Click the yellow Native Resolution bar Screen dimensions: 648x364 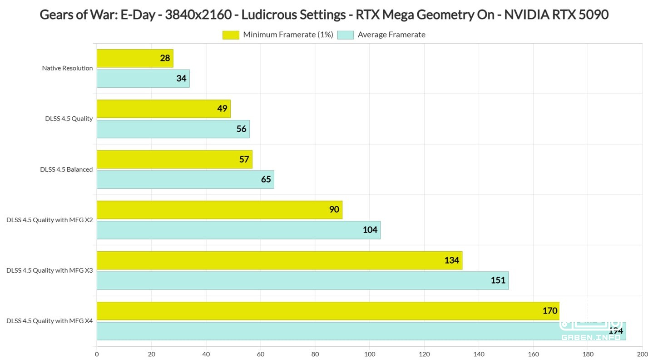coord(135,58)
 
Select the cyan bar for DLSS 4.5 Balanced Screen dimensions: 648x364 coord(185,180)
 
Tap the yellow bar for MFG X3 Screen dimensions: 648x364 coord(279,260)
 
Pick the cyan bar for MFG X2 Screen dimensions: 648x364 coord(239,230)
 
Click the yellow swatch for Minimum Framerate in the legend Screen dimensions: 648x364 coord(231,35)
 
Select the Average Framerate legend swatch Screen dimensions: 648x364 coord(346,35)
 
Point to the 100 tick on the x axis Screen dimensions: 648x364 coord(370,354)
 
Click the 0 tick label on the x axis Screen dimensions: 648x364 coord(97,354)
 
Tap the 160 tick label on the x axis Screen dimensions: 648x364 coord(533,354)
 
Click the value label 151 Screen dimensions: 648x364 coord(498,280)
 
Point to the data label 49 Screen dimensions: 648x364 coord(222,109)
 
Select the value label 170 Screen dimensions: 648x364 coord(549,311)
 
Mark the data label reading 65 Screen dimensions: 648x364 coord(266,179)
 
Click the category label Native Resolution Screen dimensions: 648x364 coord(67,68)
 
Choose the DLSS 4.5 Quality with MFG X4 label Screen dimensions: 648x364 coord(49,321)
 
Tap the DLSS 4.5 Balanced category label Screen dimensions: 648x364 coord(66,170)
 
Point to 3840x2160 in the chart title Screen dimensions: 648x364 coord(198,15)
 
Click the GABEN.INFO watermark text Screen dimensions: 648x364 coord(591,337)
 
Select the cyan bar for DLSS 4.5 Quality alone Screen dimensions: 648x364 coord(173,129)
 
